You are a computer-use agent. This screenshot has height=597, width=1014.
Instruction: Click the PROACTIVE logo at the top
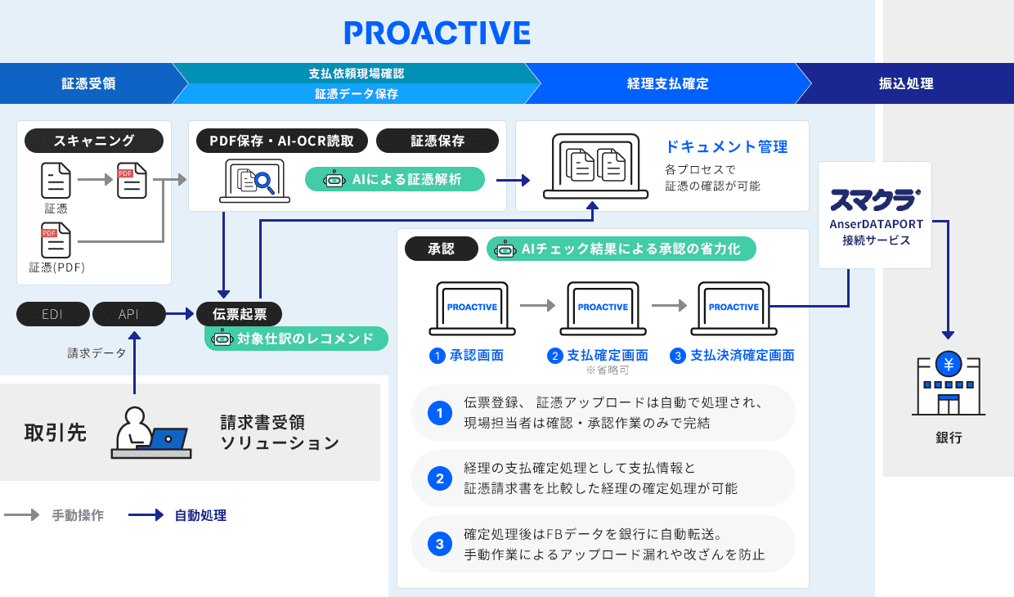pos(437,33)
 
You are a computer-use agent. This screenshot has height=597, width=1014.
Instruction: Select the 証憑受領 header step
pos(88,83)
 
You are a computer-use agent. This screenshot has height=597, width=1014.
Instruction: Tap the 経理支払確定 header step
pos(667,83)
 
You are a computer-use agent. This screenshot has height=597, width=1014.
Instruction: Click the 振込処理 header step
pos(906,83)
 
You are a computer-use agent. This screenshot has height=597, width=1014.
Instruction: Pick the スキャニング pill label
pos(94,141)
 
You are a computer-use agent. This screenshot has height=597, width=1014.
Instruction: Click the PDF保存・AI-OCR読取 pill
pos(282,141)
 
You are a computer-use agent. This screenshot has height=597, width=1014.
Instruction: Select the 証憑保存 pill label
pos(437,141)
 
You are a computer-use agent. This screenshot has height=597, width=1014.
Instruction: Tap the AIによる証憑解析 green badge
pos(395,179)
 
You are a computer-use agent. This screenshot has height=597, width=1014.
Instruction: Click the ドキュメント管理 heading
pos(726,147)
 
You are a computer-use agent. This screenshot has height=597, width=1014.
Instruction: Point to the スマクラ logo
pos(874,200)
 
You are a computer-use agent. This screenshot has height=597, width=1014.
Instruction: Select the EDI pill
pos(52,313)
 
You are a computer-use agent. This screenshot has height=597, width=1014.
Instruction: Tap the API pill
pos(128,313)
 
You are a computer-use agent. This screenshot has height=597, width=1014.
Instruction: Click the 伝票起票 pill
pos(239,313)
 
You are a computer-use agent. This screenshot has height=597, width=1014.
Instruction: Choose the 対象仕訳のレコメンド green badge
pos(296,339)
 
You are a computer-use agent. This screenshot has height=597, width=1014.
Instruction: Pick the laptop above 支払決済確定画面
pos(734,308)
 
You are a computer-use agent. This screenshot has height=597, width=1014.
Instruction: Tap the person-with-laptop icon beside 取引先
pos(151,432)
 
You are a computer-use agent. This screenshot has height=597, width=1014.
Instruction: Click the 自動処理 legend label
pos(200,515)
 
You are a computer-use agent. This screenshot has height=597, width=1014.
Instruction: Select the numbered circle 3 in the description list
pos(440,543)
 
